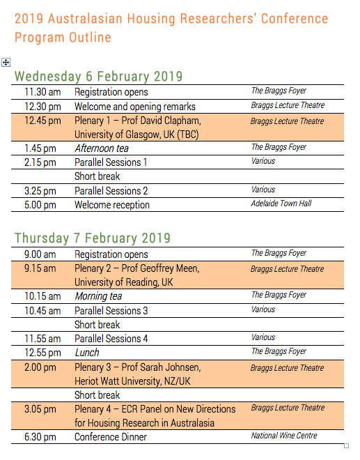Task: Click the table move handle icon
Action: point(6,62)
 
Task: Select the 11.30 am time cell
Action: point(42,92)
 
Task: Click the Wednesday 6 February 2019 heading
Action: point(98,76)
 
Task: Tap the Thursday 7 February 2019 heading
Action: point(92,238)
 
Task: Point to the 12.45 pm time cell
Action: point(42,121)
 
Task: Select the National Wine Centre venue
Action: point(284,436)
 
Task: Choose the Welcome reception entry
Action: point(112,205)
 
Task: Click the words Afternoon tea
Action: point(102,148)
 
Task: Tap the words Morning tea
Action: point(98,296)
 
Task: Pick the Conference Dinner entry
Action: point(111,437)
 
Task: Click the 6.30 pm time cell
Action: point(40,437)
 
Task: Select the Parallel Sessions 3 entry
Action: point(111,311)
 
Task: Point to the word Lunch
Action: point(87,353)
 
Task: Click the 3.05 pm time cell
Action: point(40,409)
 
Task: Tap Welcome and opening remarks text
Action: point(135,107)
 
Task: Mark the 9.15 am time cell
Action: point(40,268)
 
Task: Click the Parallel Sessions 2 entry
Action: point(111,191)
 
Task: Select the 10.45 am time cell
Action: point(42,311)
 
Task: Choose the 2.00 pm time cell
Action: point(40,367)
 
